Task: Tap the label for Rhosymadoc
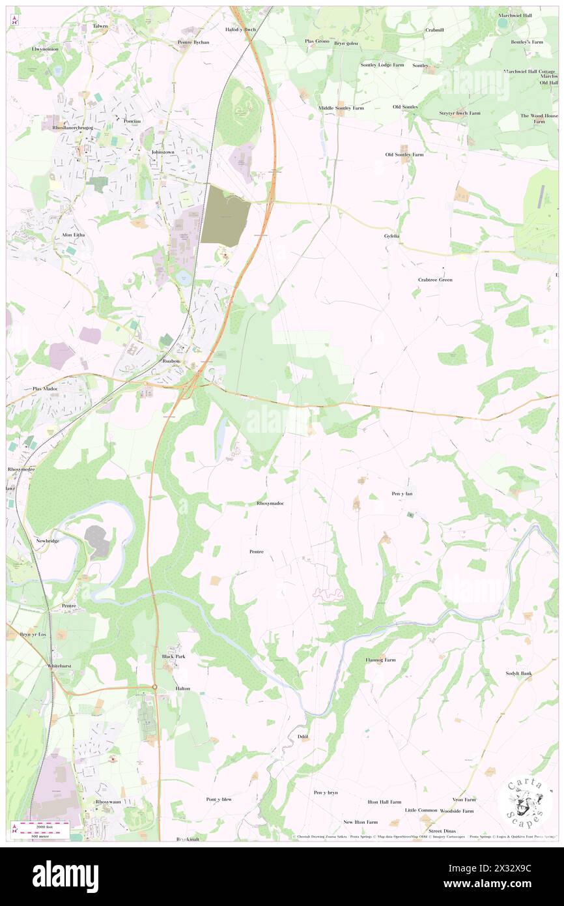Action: (270, 503)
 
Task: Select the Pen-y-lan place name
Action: (402, 493)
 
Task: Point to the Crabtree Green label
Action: (435, 280)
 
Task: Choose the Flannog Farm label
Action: (380, 660)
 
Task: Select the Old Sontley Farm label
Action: (404, 154)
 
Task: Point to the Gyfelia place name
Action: (391, 235)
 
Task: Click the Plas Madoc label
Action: (46, 388)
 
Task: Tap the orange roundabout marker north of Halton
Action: (155, 687)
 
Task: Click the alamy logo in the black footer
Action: (65, 877)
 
